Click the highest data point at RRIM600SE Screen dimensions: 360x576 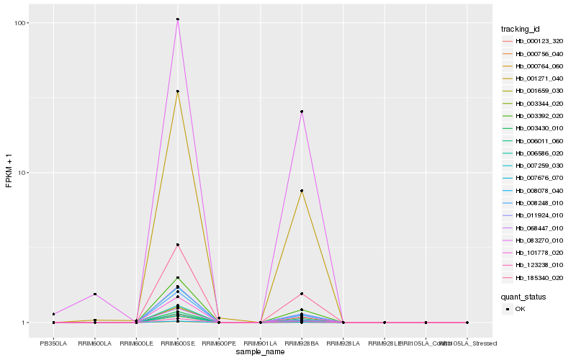click(178, 19)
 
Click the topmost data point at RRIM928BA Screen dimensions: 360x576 click(302, 112)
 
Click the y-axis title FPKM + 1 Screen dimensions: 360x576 click(9, 173)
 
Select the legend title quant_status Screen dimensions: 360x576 click(523, 296)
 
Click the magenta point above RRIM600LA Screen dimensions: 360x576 click(95, 294)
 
